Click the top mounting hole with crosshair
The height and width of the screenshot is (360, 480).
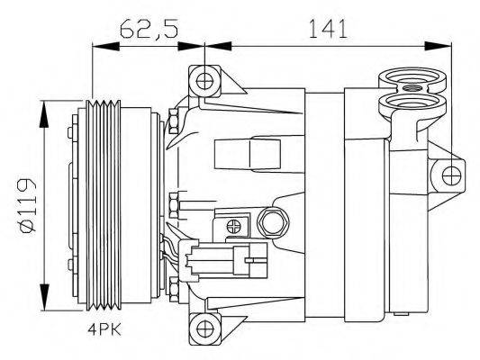205,82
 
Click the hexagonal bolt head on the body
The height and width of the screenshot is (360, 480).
270,220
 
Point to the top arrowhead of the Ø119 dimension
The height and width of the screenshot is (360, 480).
43,107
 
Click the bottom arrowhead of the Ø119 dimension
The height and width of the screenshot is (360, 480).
43,303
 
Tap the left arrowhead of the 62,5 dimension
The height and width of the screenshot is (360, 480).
93,43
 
